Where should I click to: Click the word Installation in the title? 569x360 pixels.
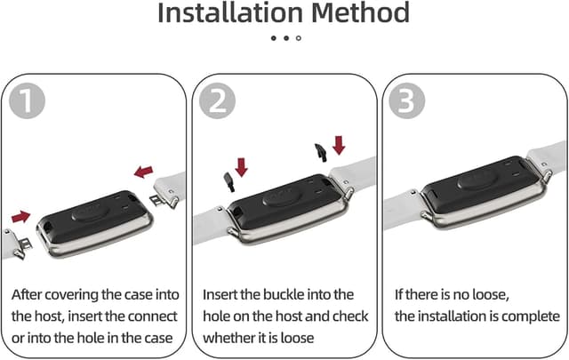(230, 13)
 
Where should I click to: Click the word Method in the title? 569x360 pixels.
(360, 13)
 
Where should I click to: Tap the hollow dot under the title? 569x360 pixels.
(299, 38)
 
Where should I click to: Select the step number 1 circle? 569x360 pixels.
(27, 100)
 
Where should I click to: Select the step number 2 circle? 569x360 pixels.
(217, 100)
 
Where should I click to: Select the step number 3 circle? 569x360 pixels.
(407, 100)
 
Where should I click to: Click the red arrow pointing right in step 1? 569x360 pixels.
(20, 217)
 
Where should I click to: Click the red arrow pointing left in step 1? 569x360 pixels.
(144, 172)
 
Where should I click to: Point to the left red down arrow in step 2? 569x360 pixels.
(241, 167)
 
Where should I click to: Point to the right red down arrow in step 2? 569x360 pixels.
(339, 145)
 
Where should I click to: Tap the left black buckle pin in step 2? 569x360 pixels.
(229, 182)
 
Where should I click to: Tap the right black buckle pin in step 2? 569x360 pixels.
(321, 152)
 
